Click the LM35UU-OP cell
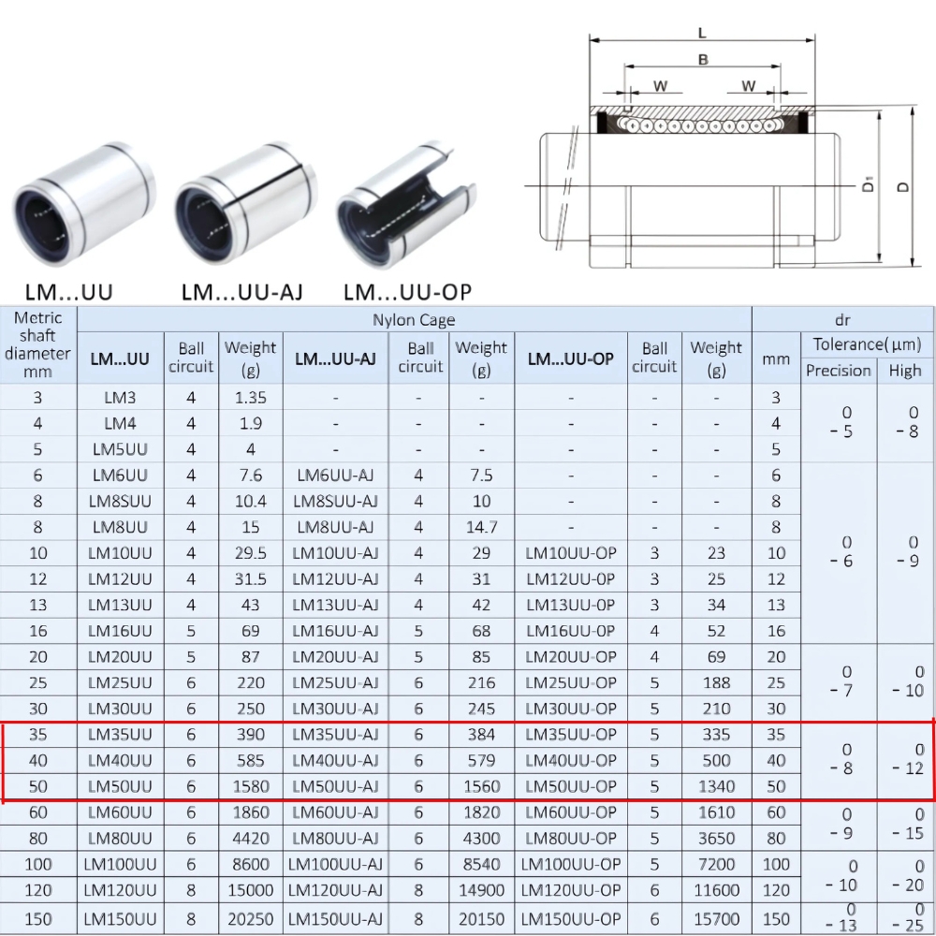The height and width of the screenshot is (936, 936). (x=571, y=735)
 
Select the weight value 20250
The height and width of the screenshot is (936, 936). (x=250, y=919)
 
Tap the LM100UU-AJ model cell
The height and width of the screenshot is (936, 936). (x=335, y=864)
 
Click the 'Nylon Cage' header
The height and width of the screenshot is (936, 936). (x=414, y=320)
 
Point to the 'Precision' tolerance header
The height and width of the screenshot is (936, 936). (x=838, y=371)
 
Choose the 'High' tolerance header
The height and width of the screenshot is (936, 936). (x=905, y=371)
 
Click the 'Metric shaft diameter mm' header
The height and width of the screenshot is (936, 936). (x=37, y=344)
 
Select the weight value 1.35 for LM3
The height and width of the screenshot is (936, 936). (x=250, y=397)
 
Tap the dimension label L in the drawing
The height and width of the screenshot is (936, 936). (x=702, y=34)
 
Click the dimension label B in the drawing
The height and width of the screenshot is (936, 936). (x=702, y=60)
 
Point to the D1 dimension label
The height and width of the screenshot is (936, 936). (x=869, y=184)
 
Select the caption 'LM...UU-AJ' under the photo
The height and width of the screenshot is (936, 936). (x=241, y=292)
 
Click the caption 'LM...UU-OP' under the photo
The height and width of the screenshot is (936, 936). (x=407, y=292)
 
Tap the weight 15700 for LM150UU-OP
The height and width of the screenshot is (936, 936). (x=716, y=919)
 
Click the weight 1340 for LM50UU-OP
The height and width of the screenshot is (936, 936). (x=716, y=786)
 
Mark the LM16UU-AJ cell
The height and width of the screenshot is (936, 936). (x=335, y=631)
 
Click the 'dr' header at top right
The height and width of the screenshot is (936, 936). (x=841, y=320)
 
